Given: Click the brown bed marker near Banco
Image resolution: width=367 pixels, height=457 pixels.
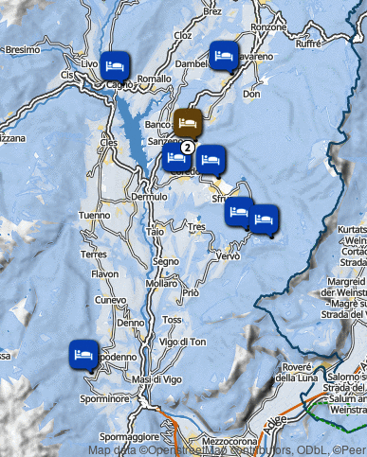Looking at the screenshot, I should [188, 122].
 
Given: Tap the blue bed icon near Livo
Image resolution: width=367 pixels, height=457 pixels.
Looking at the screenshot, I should [115, 64].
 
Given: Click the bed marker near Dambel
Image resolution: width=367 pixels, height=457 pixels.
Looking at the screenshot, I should [224, 55].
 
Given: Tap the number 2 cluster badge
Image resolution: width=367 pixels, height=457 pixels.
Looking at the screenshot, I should [188, 147].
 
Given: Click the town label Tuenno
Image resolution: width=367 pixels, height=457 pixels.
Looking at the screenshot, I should [95, 216].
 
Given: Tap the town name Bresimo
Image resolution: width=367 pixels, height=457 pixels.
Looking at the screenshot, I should [22, 49].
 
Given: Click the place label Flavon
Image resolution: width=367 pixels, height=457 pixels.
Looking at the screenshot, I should [103, 274].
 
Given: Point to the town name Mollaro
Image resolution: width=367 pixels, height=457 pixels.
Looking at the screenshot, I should [162, 283].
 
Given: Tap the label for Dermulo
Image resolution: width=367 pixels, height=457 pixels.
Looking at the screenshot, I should [149, 197].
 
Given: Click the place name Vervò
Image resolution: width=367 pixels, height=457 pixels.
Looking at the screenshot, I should [229, 256].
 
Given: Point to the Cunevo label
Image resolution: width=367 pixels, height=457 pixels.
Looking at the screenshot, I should [112, 299].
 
